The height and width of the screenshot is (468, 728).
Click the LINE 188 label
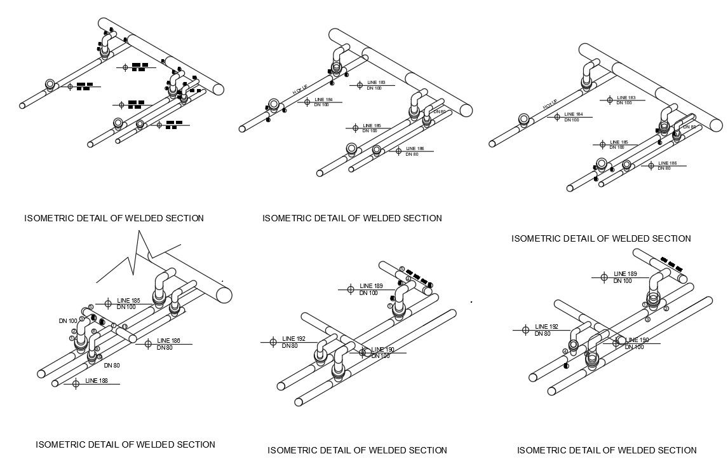[97, 380]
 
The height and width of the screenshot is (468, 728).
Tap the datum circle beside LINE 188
[76, 383]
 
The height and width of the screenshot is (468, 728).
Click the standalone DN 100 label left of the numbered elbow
[67, 320]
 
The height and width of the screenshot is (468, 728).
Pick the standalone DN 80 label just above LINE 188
[112, 366]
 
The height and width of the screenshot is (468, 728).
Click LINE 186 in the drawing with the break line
[168, 341]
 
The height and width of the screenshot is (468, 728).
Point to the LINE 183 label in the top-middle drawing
[377, 83]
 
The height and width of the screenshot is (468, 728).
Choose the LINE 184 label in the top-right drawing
[574, 114]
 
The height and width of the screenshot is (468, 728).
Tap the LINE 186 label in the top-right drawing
[667, 163]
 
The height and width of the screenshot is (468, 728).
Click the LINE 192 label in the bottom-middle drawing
[293, 338]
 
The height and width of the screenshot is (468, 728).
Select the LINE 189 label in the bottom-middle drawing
[370, 286]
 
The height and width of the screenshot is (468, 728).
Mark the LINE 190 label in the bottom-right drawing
[637, 340]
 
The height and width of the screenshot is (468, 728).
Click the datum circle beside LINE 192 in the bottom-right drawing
[525, 329]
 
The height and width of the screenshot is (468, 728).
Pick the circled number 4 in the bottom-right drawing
[565, 351]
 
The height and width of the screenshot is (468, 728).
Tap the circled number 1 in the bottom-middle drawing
[390, 306]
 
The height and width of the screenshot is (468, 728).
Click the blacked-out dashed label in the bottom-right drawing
[671, 265]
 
